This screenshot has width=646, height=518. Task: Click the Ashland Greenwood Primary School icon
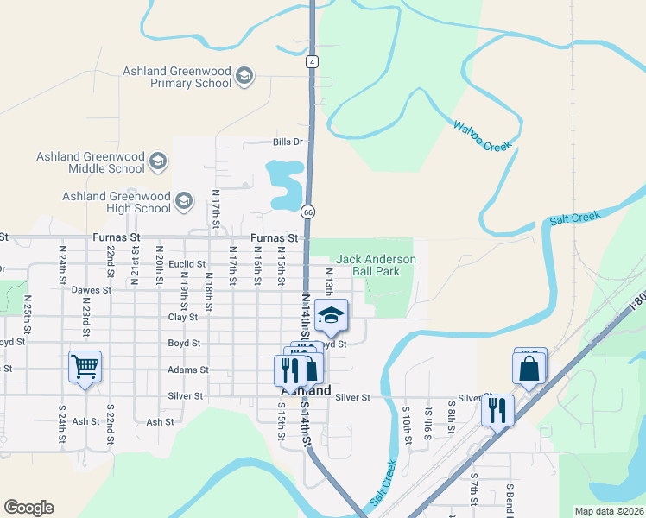pos(244,76)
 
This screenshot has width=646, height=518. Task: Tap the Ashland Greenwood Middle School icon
pos(158,161)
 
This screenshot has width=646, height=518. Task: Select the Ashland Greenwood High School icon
pos(183,201)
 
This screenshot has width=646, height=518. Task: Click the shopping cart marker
pos(85,369)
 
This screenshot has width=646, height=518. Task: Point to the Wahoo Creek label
pos(483,136)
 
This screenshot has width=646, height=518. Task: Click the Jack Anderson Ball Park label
pos(376,265)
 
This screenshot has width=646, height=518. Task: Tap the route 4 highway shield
pos(311,61)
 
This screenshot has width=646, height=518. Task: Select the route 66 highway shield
pos(307,212)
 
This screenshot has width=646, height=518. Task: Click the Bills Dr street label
pos(288,142)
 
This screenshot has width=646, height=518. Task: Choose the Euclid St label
pos(187,264)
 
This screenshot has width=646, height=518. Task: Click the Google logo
pos(28,508)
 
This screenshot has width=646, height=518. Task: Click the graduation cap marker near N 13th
pos(331,316)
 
